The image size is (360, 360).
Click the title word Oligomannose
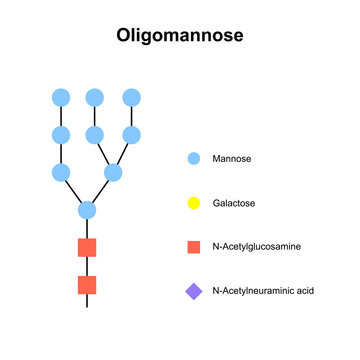point(179,36)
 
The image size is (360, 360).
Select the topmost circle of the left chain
point(61,97)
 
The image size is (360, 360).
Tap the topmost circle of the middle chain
point(95,97)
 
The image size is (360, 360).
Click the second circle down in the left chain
point(61,134)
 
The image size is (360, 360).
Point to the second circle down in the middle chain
point(95,134)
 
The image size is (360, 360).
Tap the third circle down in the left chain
point(61,172)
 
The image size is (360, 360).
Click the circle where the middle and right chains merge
point(113,172)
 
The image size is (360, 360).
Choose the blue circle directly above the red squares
point(87,210)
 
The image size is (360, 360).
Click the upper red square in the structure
point(87,247)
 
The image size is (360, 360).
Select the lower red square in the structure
point(87,285)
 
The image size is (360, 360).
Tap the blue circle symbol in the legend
point(194,158)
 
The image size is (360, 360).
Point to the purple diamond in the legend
point(194,292)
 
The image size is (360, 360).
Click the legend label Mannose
point(232,158)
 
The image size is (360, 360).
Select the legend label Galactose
point(234,203)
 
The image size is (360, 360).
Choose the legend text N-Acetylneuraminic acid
point(262,292)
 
